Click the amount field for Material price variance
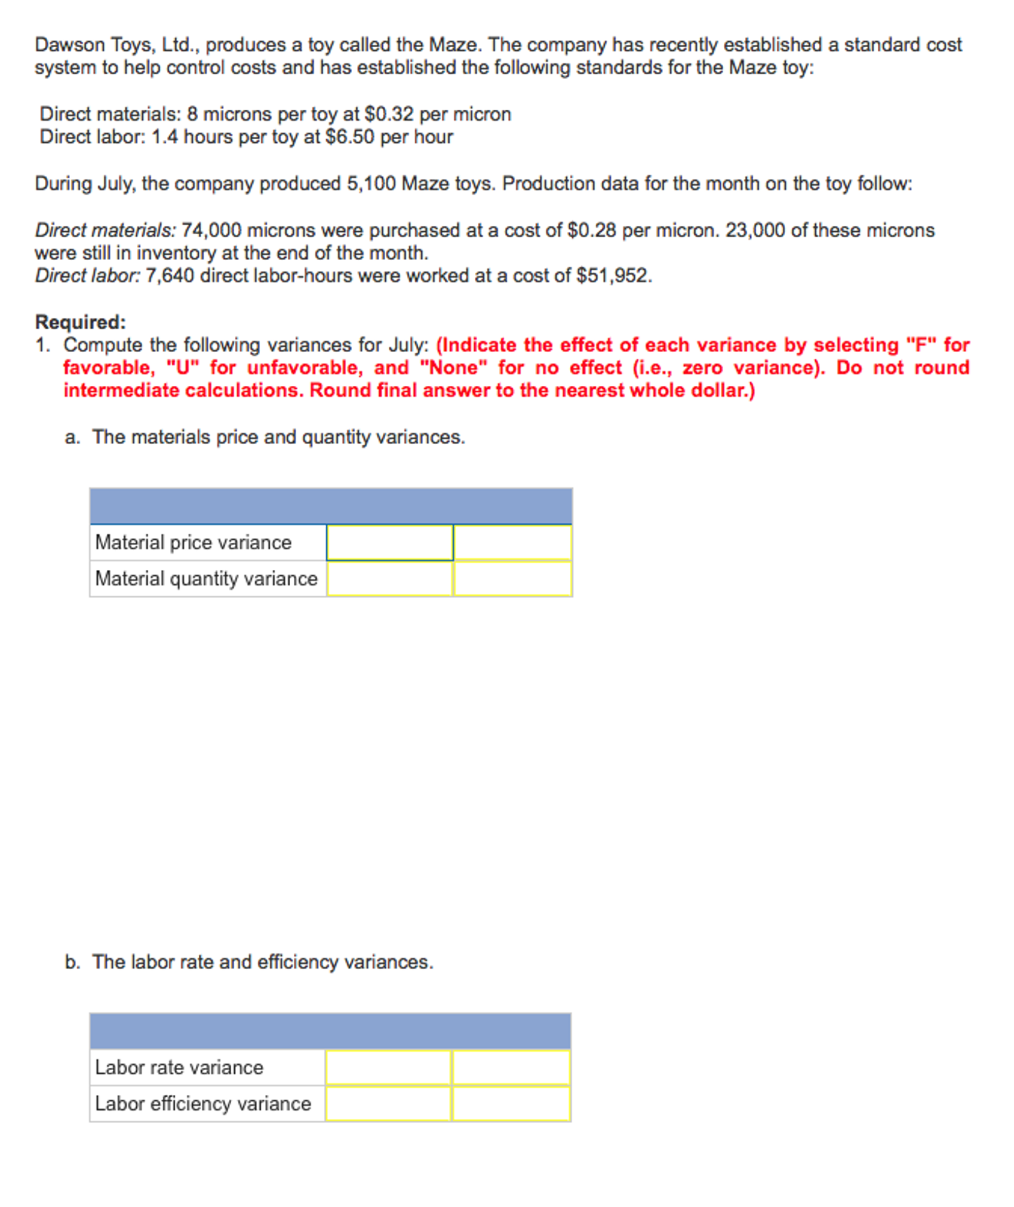point(389,542)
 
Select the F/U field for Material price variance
point(512,542)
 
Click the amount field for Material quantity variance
point(389,578)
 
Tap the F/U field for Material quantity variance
point(512,578)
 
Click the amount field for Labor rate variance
point(388,1067)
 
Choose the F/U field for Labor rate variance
point(511,1067)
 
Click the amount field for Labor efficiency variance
point(388,1103)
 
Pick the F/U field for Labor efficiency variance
point(511,1103)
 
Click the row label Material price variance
point(193,542)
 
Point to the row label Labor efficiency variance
point(202,1103)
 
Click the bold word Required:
point(80,322)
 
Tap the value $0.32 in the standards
point(389,113)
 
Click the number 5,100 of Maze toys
point(370,183)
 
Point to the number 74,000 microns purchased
point(211,229)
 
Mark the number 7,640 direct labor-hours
point(169,275)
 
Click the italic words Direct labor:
point(87,275)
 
